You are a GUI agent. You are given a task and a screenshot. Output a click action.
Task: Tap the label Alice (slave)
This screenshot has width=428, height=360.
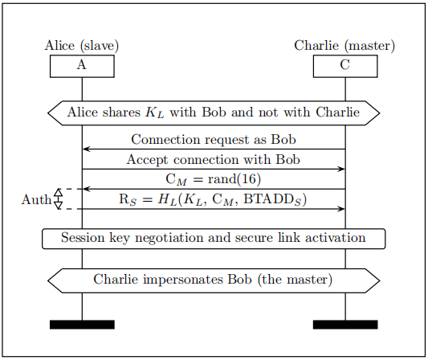tap(82, 46)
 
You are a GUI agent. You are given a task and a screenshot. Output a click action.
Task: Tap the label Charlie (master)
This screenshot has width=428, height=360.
tap(344, 46)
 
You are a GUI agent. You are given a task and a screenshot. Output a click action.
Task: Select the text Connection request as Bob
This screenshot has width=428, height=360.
tap(214, 140)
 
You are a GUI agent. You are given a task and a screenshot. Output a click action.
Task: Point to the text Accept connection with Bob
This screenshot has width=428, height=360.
tap(213, 160)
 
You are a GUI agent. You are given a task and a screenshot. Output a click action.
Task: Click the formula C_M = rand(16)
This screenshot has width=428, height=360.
tap(213, 180)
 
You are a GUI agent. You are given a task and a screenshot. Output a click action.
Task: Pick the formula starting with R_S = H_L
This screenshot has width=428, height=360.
tap(213, 199)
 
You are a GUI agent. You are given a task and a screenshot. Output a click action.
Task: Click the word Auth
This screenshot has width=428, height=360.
tap(37, 199)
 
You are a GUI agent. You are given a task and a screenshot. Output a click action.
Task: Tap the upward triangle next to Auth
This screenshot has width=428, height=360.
tap(58, 193)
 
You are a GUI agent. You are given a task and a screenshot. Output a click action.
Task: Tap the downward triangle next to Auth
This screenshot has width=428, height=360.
tap(58, 206)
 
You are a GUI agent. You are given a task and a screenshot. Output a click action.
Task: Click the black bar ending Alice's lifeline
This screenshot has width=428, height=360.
tap(82, 325)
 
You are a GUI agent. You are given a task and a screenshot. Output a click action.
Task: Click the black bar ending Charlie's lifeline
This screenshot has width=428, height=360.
tap(345, 325)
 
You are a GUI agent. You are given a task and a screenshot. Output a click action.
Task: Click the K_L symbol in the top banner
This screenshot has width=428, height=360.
tap(155, 112)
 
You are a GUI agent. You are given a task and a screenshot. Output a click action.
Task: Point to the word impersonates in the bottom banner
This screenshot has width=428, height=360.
tap(182, 280)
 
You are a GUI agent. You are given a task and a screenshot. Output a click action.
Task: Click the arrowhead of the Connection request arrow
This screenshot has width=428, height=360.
tap(86, 149)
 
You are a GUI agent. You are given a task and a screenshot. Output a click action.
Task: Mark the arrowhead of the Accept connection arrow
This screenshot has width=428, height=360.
tap(341, 169)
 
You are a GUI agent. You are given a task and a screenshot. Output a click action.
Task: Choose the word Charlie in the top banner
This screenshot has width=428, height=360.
tap(337, 112)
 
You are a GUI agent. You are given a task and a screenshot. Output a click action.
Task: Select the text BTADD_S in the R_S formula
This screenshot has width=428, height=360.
tap(272, 199)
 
